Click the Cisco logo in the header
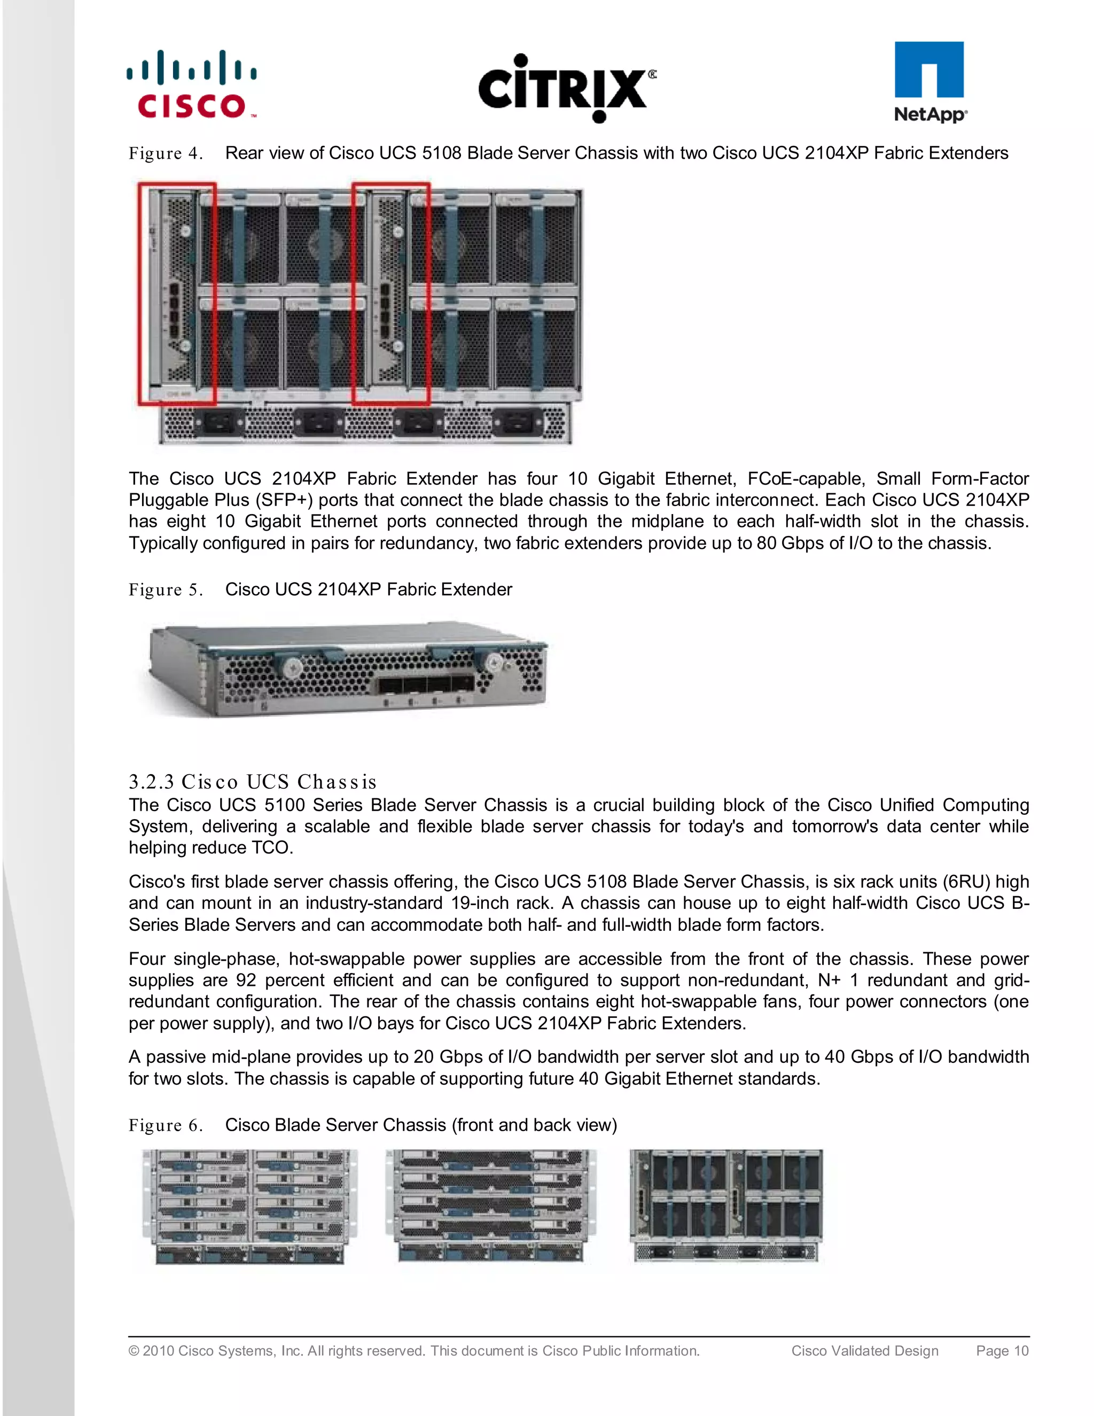click(x=192, y=84)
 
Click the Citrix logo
click(x=567, y=88)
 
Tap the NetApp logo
click(x=929, y=82)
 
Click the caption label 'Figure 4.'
click(x=166, y=154)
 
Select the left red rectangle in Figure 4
click(x=177, y=294)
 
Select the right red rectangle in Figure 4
click(x=391, y=294)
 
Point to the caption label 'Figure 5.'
click(x=166, y=590)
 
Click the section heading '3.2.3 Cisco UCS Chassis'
click(x=253, y=781)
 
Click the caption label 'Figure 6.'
click(x=166, y=1125)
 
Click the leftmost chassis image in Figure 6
click(x=250, y=1206)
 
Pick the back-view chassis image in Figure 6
click(x=726, y=1206)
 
